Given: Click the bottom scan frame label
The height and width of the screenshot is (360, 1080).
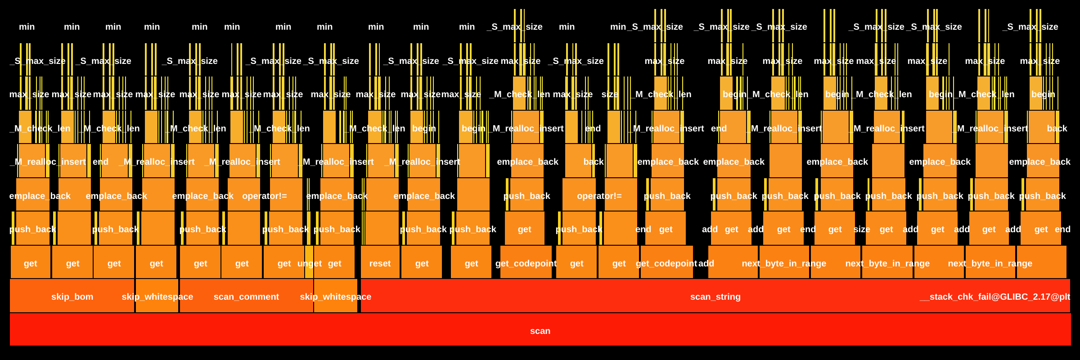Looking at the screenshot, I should tap(540, 331).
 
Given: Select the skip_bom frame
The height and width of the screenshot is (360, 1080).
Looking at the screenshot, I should tap(72, 297).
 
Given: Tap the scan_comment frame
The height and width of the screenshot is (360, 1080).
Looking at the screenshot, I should tap(246, 297).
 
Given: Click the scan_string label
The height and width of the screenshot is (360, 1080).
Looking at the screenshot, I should tap(715, 297).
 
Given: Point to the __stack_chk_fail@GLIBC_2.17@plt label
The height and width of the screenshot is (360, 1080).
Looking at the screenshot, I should tap(994, 297).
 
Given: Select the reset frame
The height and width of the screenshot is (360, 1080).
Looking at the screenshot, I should tap(380, 263).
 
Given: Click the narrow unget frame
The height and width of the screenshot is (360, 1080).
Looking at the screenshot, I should tap(309, 263).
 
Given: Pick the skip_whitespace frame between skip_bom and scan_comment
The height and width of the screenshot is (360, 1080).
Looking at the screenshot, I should tap(157, 297).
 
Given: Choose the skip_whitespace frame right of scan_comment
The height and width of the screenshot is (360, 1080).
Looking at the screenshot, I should tap(336, 297).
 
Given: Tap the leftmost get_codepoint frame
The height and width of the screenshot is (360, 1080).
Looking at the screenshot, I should tap(526, 263).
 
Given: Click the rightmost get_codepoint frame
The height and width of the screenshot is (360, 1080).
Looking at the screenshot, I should tap(666, 263).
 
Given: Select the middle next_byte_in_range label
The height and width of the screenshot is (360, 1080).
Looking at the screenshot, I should tap(887, 263).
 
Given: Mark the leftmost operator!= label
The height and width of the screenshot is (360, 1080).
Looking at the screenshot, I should tap(264, 196).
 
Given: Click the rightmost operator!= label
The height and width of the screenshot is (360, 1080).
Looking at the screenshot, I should tap(599, 196).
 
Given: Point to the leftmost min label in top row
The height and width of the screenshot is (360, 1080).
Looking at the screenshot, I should tap(27, 27).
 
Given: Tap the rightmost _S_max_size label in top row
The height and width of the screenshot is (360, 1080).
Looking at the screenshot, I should tap(1030, 27).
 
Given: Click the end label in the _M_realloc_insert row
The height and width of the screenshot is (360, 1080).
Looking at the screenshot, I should tap(100, 162).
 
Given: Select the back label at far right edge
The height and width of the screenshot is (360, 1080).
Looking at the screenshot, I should tap(1057, 128).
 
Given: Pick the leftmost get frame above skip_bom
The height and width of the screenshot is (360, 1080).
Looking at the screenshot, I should tap(30, 263).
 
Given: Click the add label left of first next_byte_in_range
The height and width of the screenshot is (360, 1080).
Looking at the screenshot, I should tap(706, 263).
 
